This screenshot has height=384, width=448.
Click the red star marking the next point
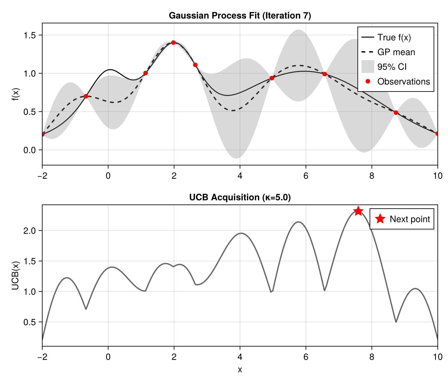pos(358,211)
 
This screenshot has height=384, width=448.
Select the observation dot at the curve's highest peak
pos(173,43)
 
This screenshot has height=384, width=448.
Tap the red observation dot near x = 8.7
pos(396,113)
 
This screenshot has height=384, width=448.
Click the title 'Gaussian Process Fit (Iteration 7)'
pos(240,16)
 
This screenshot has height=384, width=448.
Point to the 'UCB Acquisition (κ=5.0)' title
pos(240,197)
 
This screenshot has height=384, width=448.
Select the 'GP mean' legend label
pos(396,52)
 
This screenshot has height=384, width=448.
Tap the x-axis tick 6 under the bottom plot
pos(306,356)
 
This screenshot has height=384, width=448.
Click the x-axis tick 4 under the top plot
pos(240,176)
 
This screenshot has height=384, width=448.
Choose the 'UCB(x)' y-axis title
pos(15,276)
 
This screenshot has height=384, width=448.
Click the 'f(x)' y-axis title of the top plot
pos(15,94)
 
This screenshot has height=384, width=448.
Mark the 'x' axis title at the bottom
pos(240,370)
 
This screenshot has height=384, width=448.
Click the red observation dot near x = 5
pos(272,78)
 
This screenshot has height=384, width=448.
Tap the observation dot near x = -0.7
pos(86,96)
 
